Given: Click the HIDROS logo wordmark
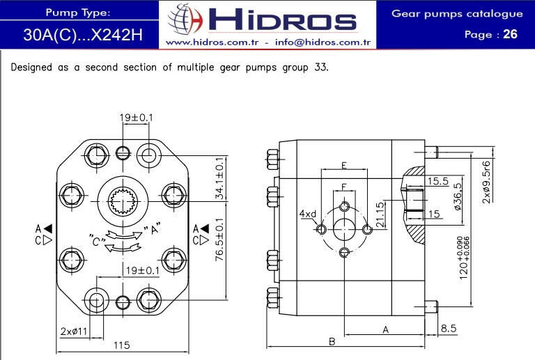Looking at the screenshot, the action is [283, 19].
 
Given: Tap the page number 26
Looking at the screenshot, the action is [510, 34].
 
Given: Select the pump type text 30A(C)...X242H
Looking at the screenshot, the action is [83, 35].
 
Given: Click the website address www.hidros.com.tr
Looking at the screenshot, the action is [212, 42].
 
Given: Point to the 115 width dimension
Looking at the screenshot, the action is [122, 345].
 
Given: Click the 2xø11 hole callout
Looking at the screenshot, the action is [74, 331].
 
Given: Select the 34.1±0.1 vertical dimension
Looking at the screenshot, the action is [220, 178].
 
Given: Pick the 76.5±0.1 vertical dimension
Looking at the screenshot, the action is [220, 240].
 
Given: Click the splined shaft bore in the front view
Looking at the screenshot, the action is [123, 201].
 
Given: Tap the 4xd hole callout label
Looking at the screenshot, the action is [308, 214].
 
